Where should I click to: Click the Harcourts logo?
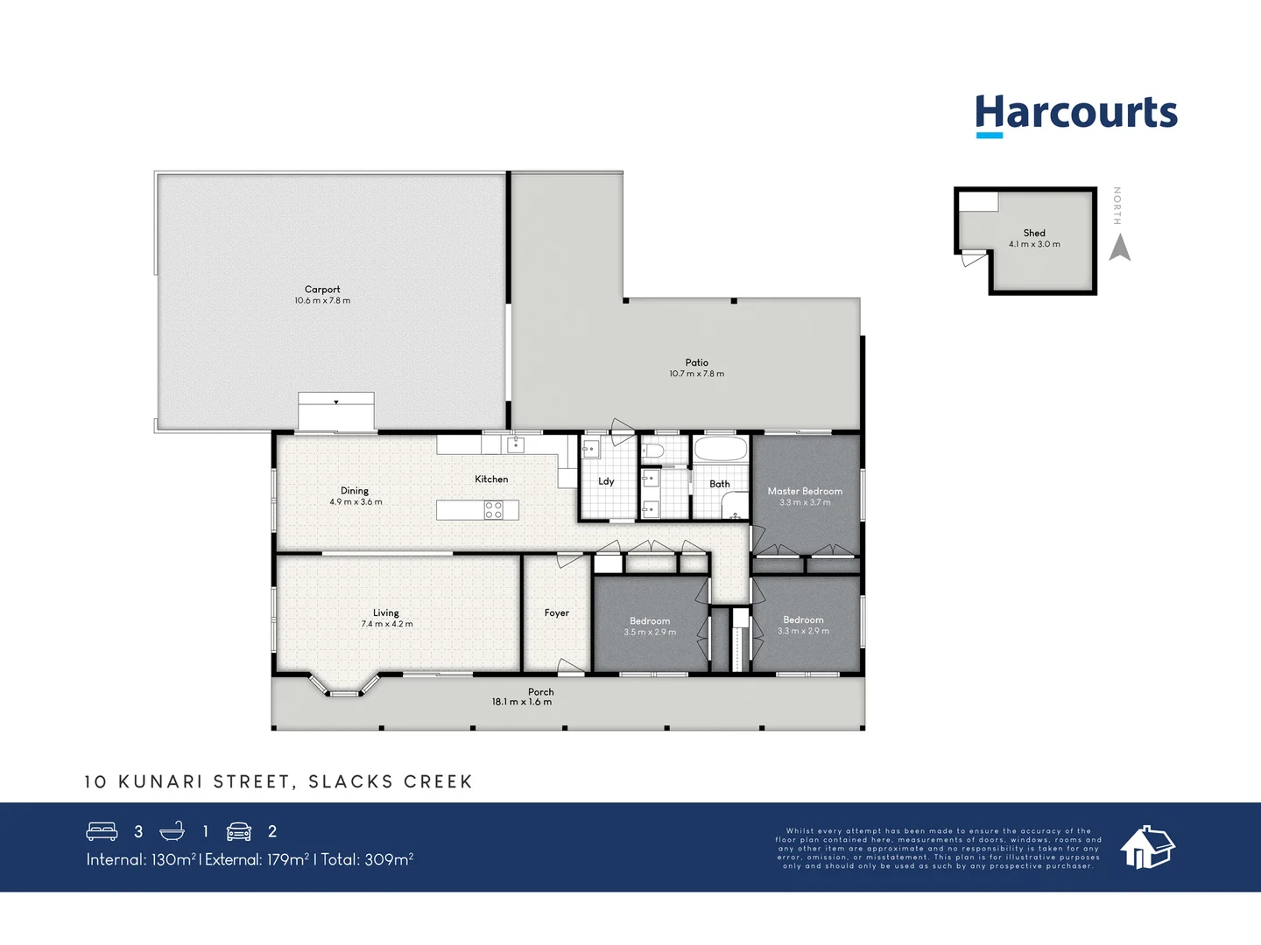pyautogui.click(x=1076, y=115)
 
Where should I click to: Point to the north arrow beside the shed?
pyautogui.click(x=1119, y=247)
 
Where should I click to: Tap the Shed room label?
pyautogui.click(x=1034, y=233)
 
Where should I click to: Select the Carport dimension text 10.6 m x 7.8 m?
pyautogui.click(x=322, y=301)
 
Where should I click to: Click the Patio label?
pyautogui.click(x=697, y=362)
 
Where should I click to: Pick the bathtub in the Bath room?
pyautogui.click(x=721, y=450)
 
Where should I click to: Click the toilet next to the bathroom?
pyautogui.click(x=652, y=451)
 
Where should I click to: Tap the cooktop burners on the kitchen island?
pyautogui.click(x=494, y=510)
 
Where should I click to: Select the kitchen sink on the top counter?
pyautogui.click(x=516, y=444)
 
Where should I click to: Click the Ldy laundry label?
pyautogui.click(x=606, y=481)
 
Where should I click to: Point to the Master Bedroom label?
pyautogui.click(x=805, y=491)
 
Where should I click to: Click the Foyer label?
pyautogui.click(x=557, y=612)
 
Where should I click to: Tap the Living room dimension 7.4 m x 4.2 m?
pyautogui.click(x=387, y=625)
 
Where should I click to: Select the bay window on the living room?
pyautogui.click(x=344, y=685)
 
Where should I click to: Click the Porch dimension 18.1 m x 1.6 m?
pyautogui.click(x=522, y=702)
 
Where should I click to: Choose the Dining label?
pyautogui.click(x=355, y=491)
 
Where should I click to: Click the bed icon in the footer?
pyautogui.click(x=102, y=831)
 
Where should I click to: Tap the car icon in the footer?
pyautogui.click(x=239, y=831)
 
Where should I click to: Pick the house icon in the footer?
pyautogui.click(x=1147, y=846)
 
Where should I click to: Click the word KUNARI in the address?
pyautogui.click(x=160, y=781)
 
